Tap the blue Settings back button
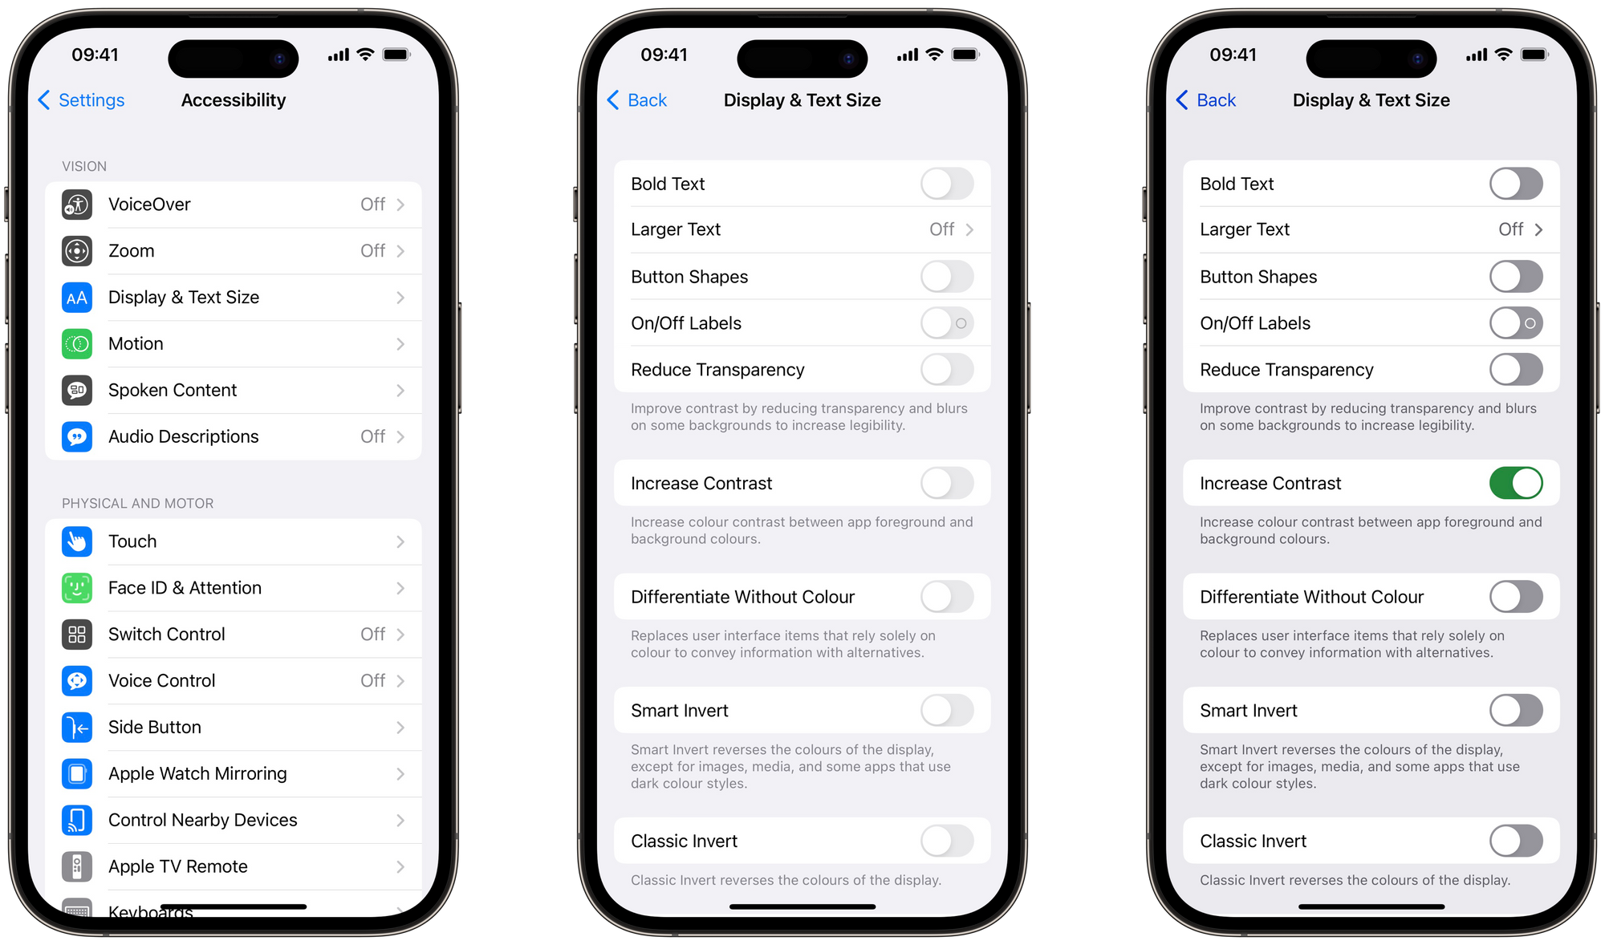pos(81,100)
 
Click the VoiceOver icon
pos(77,205)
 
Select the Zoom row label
pos(132,251)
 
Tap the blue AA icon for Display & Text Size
pos(77,298)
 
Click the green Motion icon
pos(77,344)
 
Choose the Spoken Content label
pos(173,391)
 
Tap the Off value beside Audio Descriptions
pos(372,436)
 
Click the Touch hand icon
pos(77,541)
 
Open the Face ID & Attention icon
pos(77,588)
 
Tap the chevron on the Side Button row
pos(400,728)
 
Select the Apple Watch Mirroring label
pos(197,773)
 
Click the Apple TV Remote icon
pos(77,866)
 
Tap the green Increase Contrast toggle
pos(1516,483)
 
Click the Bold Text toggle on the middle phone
pos(947,184)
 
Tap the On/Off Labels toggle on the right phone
pos(1516,323)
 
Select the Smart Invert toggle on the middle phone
pos(947,710)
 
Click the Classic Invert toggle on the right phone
pos(1516,841)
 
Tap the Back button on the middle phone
pos(637,100)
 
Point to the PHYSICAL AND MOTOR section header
pos(138,504)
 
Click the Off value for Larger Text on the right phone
pos(1510,229)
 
